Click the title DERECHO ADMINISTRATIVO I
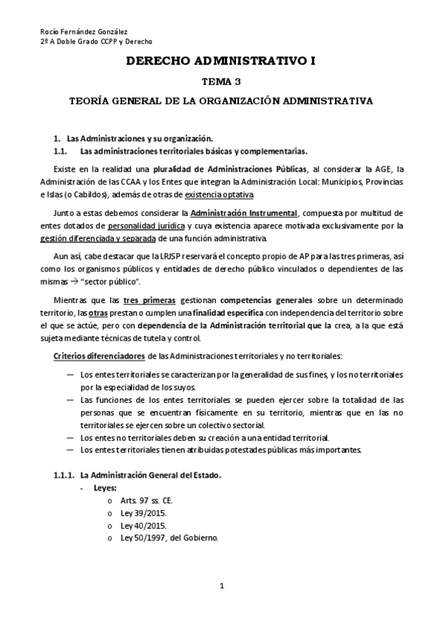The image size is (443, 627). [221, 63]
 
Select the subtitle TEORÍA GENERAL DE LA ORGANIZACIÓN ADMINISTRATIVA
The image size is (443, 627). [221, 99]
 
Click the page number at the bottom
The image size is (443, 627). [221, 586]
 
